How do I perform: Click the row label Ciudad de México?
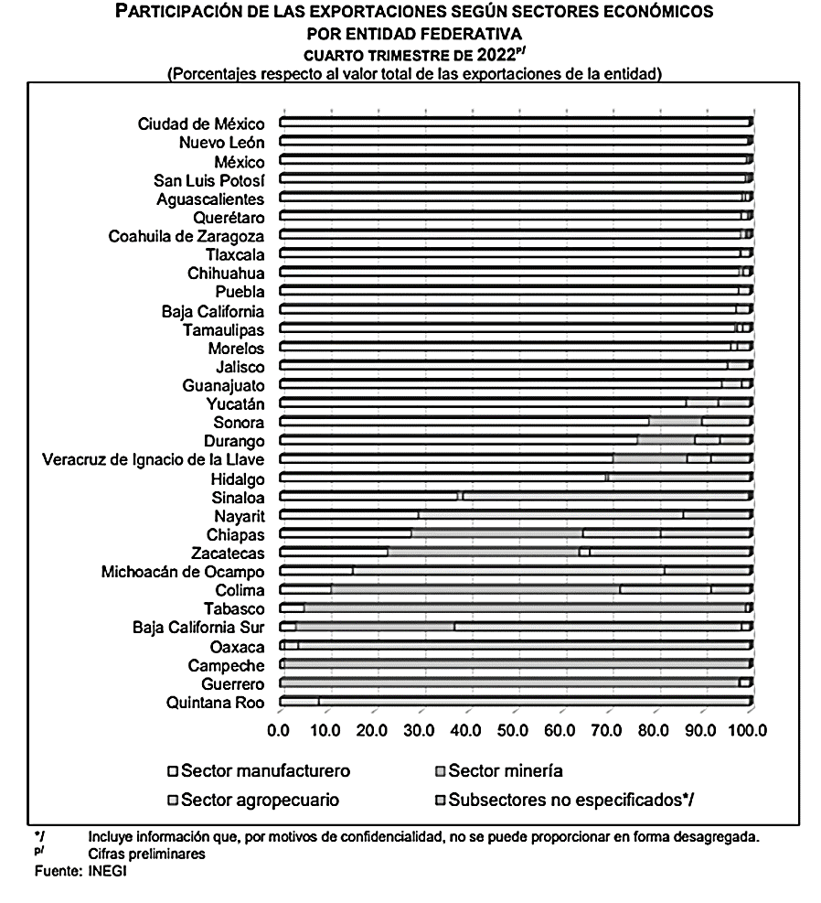[201, 124]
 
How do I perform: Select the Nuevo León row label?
[221, 143]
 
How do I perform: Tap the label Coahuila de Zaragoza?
[187, 236]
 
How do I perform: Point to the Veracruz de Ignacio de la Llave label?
[154, 459]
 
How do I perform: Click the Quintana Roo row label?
[216, 703]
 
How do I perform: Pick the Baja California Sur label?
[198, 628]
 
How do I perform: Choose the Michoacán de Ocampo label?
[183, 572]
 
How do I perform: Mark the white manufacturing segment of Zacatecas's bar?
[334, 553]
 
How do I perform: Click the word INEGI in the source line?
[108, 871]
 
